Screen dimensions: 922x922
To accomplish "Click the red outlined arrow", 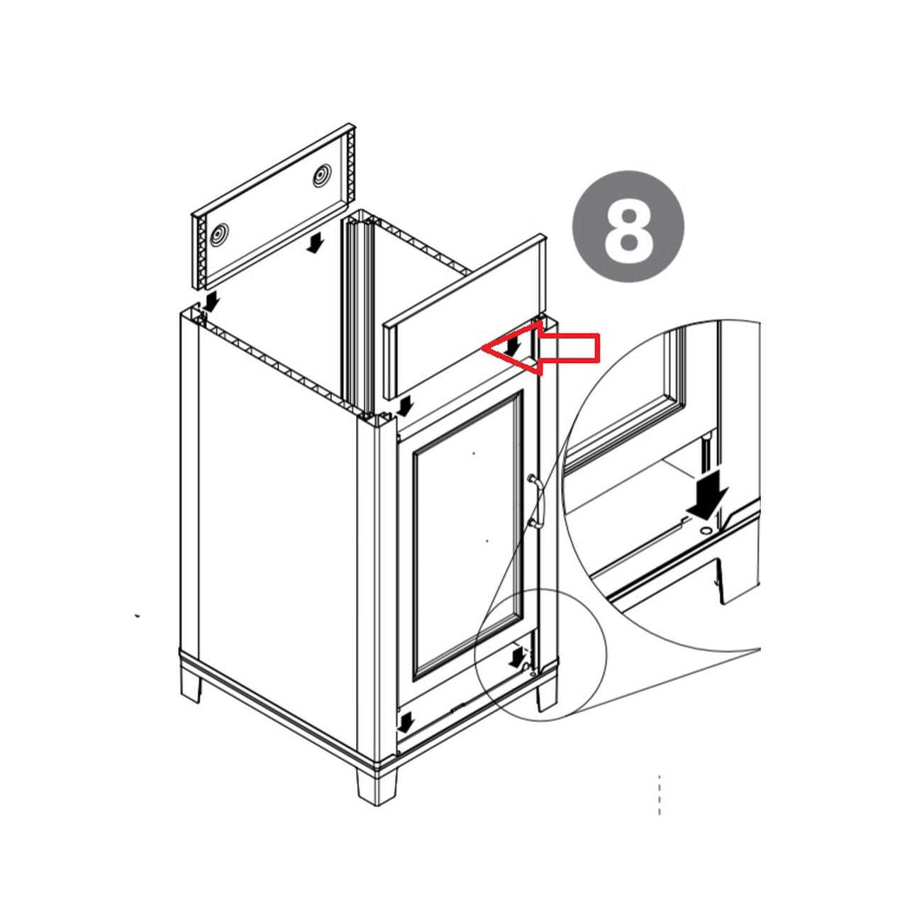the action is [x=540, y=346].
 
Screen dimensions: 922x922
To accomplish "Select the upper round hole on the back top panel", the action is [x=321, y=177].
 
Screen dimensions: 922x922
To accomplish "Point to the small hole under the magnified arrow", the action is [x=705, y=531].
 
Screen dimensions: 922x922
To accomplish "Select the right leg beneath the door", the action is [x=546, y=696].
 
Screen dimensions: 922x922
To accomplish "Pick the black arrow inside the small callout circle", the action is [x=516, y=657].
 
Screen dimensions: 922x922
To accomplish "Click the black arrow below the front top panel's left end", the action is [x=405, y=406].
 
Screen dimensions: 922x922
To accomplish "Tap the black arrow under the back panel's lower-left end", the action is [x=211, y=302].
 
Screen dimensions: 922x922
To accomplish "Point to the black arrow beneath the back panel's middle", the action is [x=314, y=243].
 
